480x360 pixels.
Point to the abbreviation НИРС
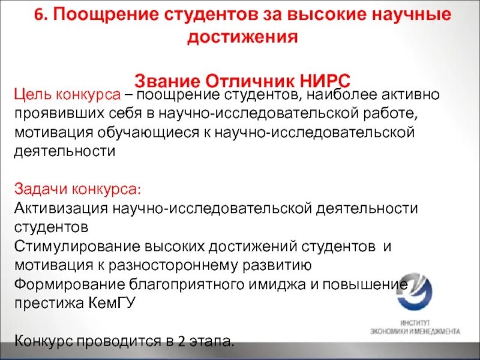(x=324, y=80)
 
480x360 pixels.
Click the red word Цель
(x=32, y=95)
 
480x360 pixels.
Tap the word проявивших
(x=55, y=113)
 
